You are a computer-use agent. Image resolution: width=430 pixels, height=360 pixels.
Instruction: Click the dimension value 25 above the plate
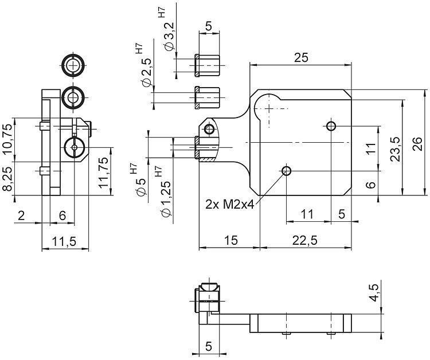pyautogui.click(x=302, y=57)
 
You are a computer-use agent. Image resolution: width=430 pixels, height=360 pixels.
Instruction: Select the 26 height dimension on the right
pyautogui.click(x=417, y=142)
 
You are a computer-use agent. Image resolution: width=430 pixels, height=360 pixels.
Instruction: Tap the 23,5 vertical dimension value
pyautogui.click(x=395, y=149)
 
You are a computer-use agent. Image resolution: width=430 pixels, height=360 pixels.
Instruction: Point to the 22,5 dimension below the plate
pyautogui.click(x=305, y=241)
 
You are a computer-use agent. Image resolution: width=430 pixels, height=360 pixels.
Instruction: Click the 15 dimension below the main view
pyautogui.click(x=229, y=241)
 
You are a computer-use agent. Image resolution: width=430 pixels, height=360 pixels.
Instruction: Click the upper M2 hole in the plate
pyautogui.click(x=331, y=126)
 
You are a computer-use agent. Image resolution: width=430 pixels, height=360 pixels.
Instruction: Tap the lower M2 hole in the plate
pyautogui.click(x=287, y=170)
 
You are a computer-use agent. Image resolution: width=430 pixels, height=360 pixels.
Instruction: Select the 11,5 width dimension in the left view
pyautogui.click(x=66, y=241)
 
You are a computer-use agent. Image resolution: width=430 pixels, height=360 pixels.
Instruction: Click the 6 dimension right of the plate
pyautogui.click(x=370, y=185)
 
